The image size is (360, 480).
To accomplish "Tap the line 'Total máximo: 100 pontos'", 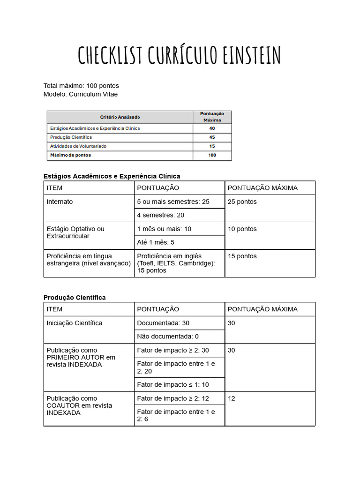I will [81, 86].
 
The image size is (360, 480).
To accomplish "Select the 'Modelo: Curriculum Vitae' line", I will [81, 94].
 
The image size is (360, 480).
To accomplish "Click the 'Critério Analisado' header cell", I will [120, 117].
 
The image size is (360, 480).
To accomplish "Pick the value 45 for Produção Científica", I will [212, 137].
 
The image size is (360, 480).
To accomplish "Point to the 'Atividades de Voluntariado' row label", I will [78, 146].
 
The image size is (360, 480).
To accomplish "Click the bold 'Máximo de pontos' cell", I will [71, 155].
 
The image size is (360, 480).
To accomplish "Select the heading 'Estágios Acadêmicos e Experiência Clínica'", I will [112, 176].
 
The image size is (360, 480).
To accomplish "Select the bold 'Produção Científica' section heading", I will [75, 298].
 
